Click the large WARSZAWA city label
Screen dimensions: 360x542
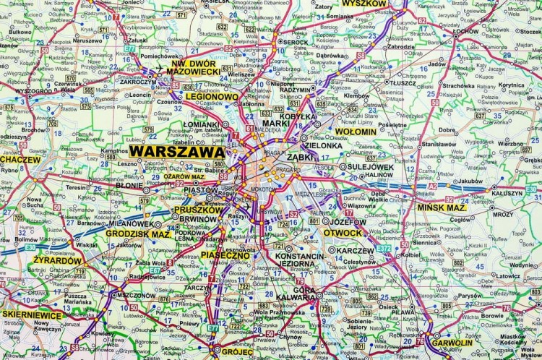(177, 153)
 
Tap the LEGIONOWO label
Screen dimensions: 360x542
(211, 96)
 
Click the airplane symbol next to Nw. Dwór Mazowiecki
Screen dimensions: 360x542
(158, 69)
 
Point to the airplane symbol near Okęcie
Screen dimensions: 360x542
(246, 210)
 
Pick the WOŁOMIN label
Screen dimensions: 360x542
(356, 132)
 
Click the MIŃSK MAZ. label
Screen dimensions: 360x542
(442, 207)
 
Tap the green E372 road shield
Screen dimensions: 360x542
(384, 248)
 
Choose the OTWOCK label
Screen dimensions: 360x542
(342, 233)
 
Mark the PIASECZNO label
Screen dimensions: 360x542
(225, 255)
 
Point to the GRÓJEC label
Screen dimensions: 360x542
(237, 351)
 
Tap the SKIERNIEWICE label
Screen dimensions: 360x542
(33, 314)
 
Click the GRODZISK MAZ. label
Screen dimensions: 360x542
(137, 233)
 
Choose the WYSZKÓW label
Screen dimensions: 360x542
(365, 4)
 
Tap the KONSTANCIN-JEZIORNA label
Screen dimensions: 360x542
(300, 261)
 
